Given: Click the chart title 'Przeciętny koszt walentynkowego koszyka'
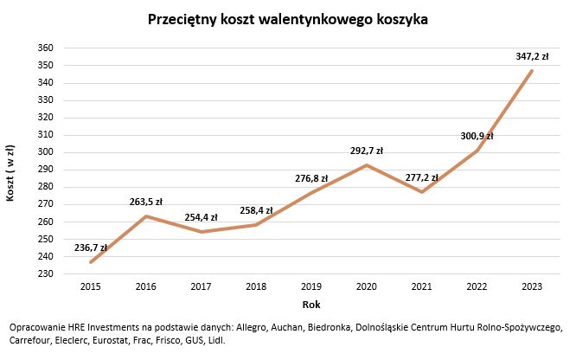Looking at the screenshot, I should (x=288, y=18).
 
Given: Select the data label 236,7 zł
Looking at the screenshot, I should (x=91, y=247).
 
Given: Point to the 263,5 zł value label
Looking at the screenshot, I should (x=145, y=201).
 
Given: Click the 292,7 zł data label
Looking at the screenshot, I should (x=366, y=151).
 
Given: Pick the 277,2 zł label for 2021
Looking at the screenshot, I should (x=421, y=177).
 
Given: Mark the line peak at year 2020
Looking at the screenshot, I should (x=367, y=165).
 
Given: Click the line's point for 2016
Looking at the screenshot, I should (x=146, y=216).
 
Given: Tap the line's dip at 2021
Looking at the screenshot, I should (x=421, y=192).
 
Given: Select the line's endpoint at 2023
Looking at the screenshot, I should (x=532, y=71).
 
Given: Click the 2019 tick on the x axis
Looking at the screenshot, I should (x=311, y=286).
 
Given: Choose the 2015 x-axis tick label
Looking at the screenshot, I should (x=91, y=286).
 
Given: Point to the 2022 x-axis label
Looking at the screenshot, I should (x=477, y=286).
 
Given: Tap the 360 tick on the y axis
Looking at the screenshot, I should (x=46, y=48).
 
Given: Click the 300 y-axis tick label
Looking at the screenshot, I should (x=46, y=152).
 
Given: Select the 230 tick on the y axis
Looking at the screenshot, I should (x=46, y=273).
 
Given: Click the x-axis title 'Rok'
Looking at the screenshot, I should (x=311, y=305).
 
